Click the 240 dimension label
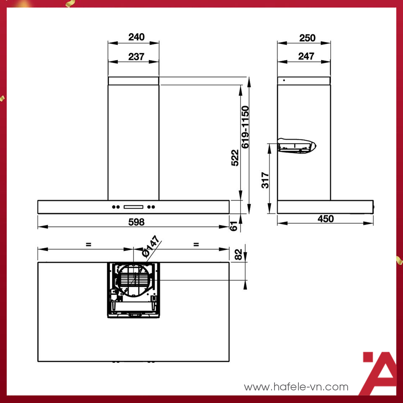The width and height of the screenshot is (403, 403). point(136,37)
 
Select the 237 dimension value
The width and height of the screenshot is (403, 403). point(136,56)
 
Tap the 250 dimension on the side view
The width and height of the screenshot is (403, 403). point(307,38)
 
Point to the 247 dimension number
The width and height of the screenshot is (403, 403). point(306,56)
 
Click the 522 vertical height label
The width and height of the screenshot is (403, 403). point(235,157)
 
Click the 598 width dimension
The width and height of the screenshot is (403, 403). point(136,222)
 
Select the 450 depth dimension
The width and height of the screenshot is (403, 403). point(325,219)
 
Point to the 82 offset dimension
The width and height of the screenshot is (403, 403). point(238,255)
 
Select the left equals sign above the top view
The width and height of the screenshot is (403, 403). point(88,244)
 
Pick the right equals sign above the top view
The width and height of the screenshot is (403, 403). point(196,244)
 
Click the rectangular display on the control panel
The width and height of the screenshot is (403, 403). point(133,207)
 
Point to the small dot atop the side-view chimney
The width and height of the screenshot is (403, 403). point(284,80)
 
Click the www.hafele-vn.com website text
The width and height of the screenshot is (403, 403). point(296,387)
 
